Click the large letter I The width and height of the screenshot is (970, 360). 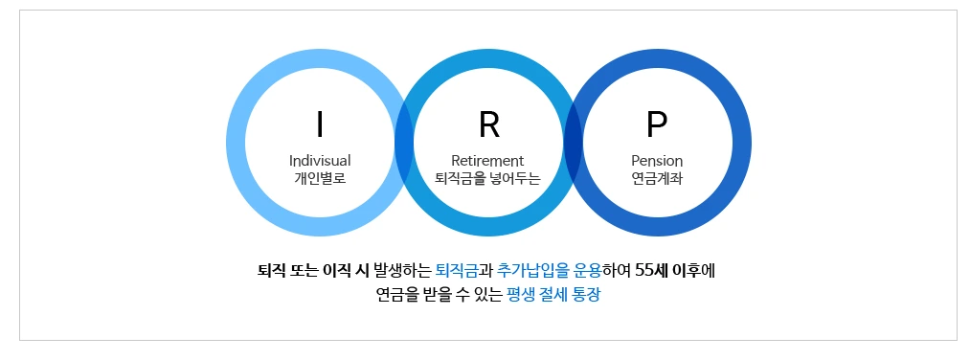320,124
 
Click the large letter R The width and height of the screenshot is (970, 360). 488,124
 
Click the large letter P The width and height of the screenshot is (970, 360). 657,124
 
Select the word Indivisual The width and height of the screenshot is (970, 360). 320,160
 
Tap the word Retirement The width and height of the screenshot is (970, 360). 487,160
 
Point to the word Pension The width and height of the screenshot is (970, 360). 657,160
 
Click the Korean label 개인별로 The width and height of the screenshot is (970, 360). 320,177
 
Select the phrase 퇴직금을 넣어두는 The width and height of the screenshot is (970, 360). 487,177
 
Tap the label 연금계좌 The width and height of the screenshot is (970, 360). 657,177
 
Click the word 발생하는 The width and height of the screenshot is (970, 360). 401,269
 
